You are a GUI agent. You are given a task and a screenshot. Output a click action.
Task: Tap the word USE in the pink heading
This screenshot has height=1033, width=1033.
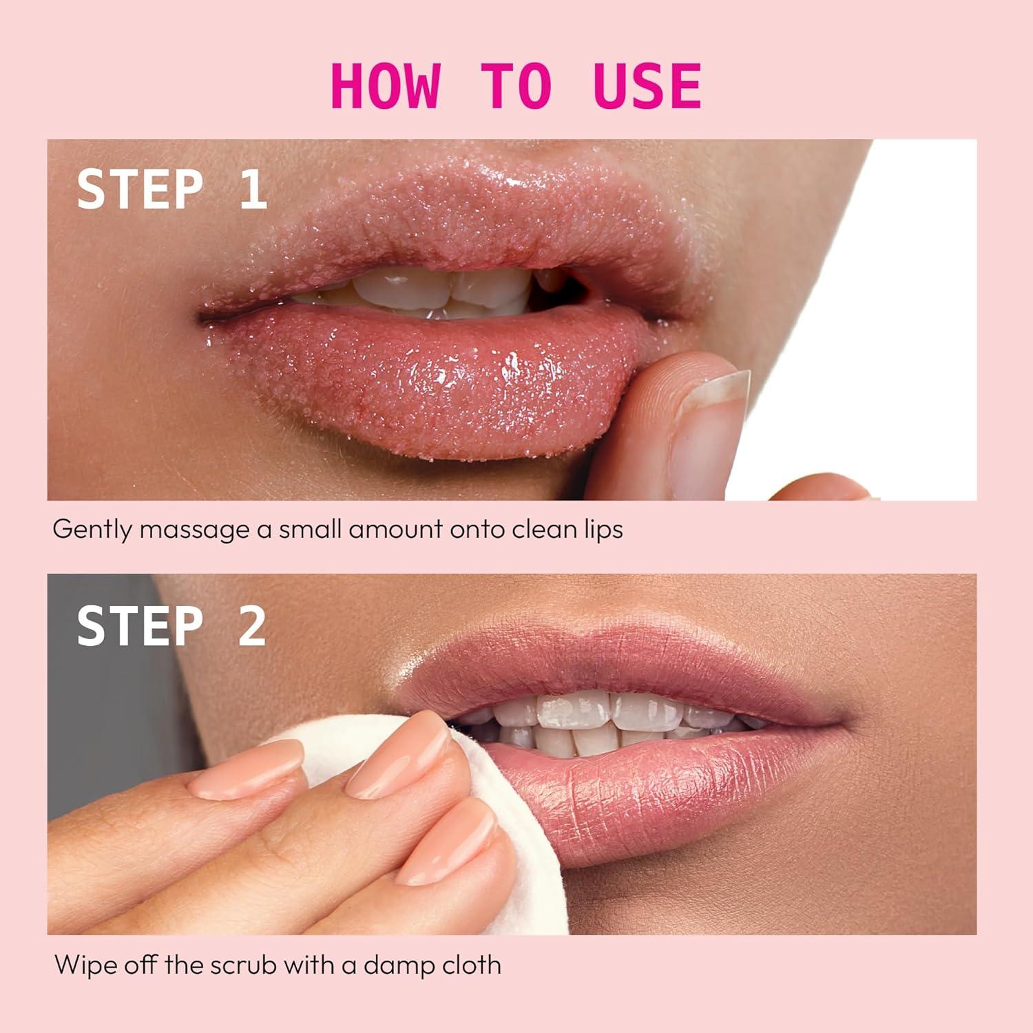[647, 86]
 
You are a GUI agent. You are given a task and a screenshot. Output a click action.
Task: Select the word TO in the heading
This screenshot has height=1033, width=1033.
[516, 86]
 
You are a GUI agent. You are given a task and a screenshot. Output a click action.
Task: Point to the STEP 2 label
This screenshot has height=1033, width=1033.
[171, 625]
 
